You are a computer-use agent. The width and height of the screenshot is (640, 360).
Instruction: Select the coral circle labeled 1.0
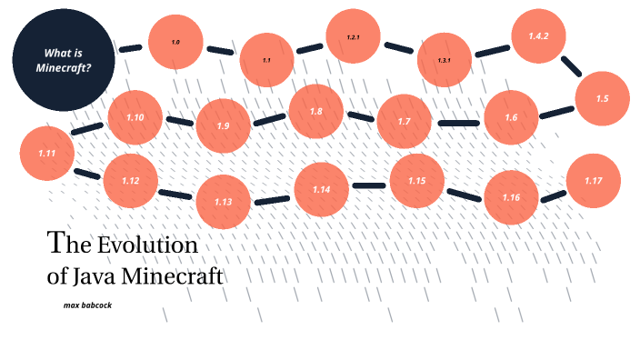[175, 43]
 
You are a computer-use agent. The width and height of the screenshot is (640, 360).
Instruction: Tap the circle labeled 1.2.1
[354, 38]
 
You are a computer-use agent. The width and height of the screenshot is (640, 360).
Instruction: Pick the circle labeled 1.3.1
[445, 60]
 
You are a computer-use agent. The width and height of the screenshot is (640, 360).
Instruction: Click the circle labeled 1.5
[603, 99]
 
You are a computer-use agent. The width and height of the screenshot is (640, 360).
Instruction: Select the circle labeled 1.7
[405, 122]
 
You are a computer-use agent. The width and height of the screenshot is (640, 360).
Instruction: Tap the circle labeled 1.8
[316, 112]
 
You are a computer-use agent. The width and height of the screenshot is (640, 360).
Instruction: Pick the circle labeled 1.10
[135, 118]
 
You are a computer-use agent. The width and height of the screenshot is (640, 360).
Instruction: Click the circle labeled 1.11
[48, 153]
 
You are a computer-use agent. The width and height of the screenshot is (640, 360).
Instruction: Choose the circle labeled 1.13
[224, 201]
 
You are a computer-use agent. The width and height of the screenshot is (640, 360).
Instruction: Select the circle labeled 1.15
[417, 181]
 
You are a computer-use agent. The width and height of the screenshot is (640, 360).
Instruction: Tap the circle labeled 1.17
[594, 181]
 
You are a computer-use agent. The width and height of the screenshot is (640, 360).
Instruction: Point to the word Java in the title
[94, 275]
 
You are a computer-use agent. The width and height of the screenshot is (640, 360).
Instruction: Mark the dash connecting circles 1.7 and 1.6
[457, 123]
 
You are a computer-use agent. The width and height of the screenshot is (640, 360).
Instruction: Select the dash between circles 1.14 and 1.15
[369, 185]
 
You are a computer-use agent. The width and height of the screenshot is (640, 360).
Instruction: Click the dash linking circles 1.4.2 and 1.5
[571, 66]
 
